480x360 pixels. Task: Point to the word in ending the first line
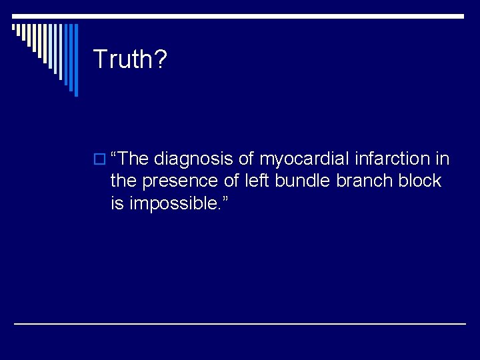point(443,159)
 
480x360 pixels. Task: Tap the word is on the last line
point(117,203)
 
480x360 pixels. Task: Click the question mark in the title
point(161,59)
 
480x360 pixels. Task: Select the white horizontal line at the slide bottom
point(240,323)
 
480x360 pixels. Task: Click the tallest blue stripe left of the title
point(75,60)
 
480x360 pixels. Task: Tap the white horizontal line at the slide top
point(240,16)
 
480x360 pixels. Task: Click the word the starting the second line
point(122,181)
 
